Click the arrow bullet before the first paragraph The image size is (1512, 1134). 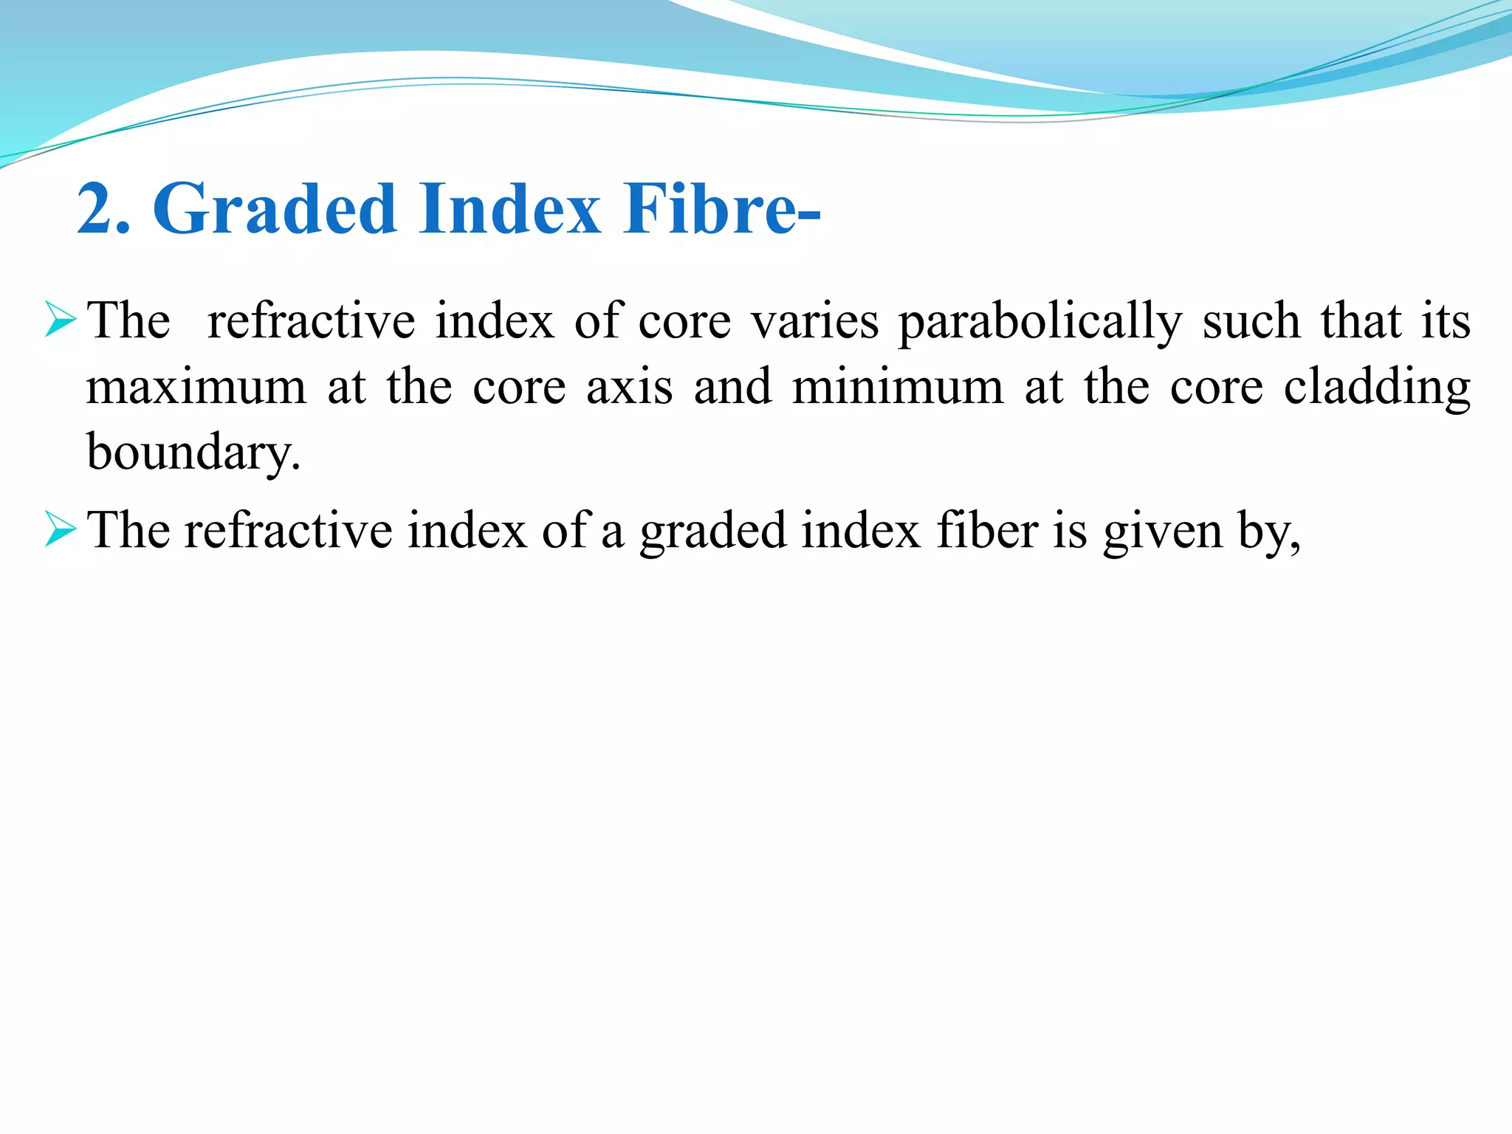click(60, 320)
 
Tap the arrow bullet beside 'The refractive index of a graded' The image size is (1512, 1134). click(60, 529)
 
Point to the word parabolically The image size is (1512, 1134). click(1039, 322)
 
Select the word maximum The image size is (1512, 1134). click(196, 387)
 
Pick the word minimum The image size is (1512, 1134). click(897, 387)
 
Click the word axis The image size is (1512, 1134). click(629, 387)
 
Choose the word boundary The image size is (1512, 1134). click(193, 453)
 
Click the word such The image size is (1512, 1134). click(1251, 322)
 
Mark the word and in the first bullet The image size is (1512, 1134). click(732, 387)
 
